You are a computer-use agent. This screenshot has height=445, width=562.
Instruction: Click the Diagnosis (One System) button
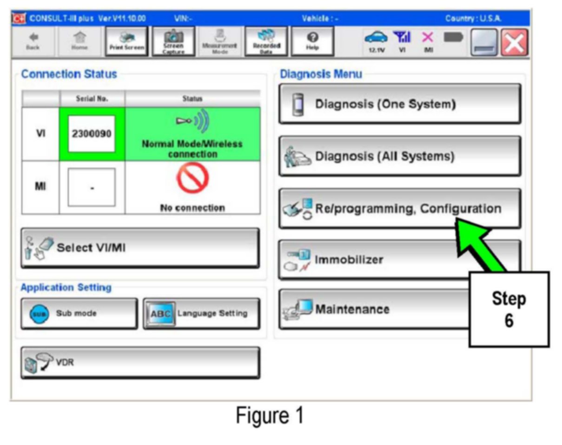[x=400, y=104]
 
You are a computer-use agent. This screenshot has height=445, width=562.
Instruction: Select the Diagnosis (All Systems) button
[x=400, y=156]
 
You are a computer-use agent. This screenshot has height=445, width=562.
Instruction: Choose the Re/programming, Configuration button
[x=400, y=208]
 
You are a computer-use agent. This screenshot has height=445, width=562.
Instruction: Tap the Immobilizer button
[x=372, y=259]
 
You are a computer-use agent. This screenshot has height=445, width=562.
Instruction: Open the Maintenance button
[x=372, y=309]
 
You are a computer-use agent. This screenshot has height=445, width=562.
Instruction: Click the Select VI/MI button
[x=140, y=248]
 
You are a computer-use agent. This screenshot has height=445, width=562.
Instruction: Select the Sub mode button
[x=79, y=313]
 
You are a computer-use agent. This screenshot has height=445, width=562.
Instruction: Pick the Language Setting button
[x=201, y=313]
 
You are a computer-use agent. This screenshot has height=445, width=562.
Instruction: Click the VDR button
[x=140, y=363]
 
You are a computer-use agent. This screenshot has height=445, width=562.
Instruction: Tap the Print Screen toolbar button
[x=127, y=42]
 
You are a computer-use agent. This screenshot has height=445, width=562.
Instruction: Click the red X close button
[x=515, y=42]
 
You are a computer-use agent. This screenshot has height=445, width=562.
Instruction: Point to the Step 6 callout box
[x=509, y=309]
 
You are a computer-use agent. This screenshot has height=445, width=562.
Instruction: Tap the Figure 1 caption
[x=270, y=415]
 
